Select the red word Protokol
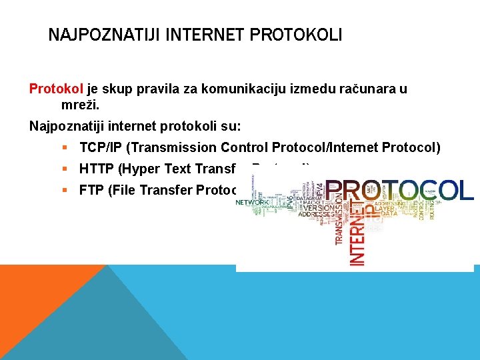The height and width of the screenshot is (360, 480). point(57,89)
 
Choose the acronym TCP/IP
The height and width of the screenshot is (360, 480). point(100,147)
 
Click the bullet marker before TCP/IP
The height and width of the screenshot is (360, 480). point(65,147)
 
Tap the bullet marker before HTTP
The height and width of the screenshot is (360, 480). point(65,169)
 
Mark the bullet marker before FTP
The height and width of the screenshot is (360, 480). point(65,190)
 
